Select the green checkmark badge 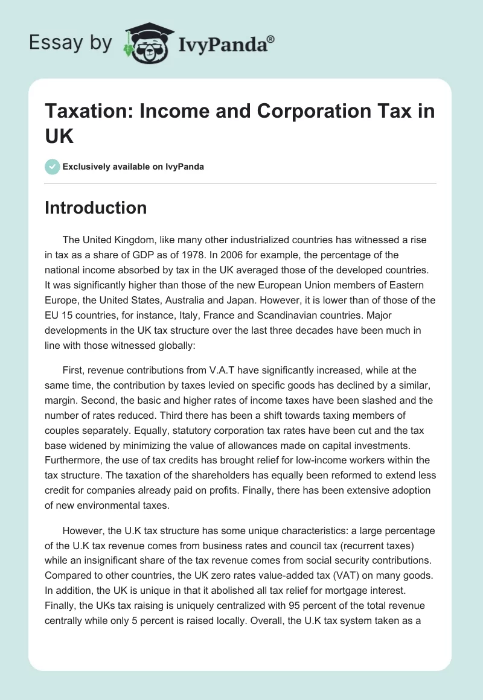pyautogui.click(x=53, y=167)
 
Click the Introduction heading pyautogui.click(x=96, y=208)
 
